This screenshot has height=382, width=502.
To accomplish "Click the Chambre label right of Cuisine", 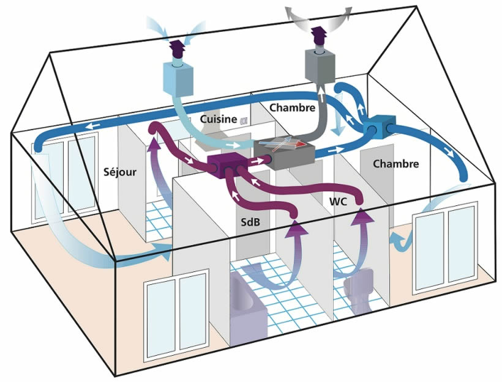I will point(292,107).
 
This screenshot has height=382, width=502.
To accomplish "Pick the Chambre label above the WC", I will point(395,164).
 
